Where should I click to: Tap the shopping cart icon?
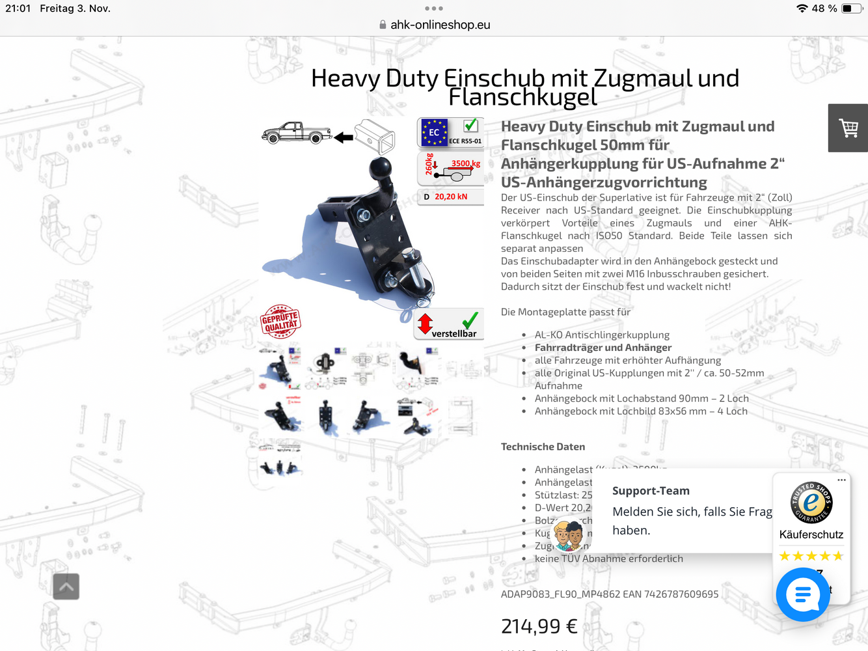click(848, 128)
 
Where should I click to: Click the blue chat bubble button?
click(803, 594)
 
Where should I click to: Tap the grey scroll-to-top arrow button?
click(66, 587)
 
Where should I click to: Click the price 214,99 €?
click(539, 626)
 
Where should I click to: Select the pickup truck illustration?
click(296, 133)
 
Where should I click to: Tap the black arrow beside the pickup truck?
click(343, 137)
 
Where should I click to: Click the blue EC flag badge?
click(434, 132)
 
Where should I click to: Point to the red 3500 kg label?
click(465, 163)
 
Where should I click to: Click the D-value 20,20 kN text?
click(450, 197)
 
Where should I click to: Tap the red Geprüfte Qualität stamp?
click(280, 322)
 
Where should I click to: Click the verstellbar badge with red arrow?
click(449, 325)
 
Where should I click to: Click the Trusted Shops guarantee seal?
click(811, 503)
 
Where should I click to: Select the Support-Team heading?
click(651, 491)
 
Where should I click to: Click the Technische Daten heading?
click(543, 447)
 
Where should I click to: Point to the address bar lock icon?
click(383, 25)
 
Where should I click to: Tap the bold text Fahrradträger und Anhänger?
click(603, 348)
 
